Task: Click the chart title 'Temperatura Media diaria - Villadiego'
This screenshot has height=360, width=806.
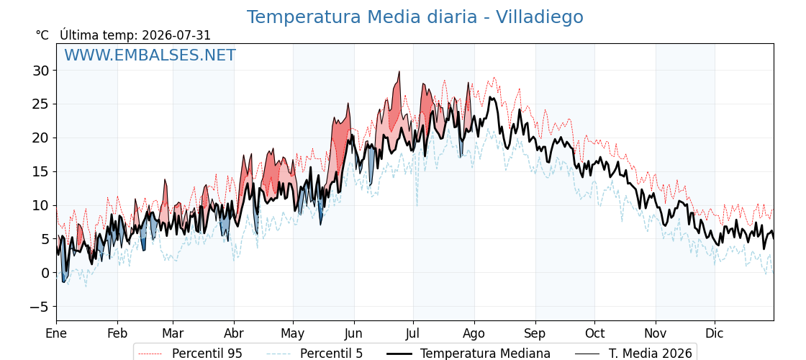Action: [415, 17]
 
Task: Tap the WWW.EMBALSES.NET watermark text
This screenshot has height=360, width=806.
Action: [150, 55]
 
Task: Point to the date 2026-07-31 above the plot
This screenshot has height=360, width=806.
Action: [176, 35]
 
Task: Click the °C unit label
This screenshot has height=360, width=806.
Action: [42, 35]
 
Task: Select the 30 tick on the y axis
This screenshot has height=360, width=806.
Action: [42, 71]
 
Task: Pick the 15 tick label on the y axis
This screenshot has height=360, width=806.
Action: [42, 172]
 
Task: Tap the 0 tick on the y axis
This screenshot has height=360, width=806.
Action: [46, 273]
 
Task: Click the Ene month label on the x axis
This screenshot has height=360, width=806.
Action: [56, 334]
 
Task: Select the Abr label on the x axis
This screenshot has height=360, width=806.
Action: [234, 334]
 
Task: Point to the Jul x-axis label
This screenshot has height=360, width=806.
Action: [413, 334]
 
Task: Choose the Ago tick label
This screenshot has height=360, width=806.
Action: [474, 334]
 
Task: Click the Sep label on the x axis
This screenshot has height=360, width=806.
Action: [535, 334]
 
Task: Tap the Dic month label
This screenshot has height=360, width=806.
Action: [715, 334]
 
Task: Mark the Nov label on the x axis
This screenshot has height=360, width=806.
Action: [656, 334]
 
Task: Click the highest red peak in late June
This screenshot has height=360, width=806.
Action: [399, 72]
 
